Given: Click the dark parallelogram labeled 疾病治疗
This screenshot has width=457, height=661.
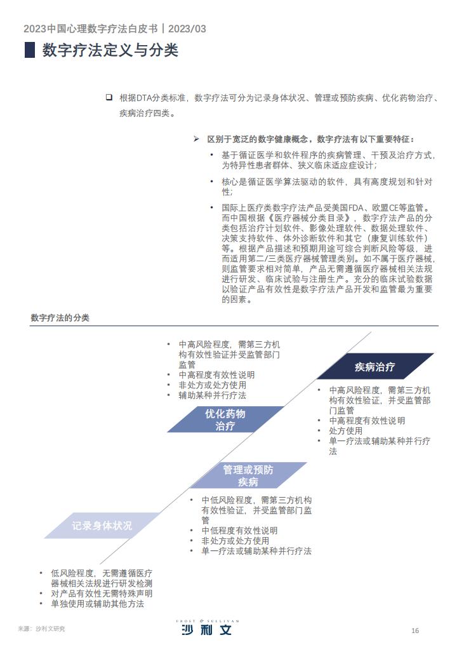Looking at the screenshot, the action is pos(375,366).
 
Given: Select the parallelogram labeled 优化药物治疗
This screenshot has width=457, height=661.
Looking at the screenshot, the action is pos(225,419).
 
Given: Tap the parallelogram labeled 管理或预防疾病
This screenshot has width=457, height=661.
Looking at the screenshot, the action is pos(248,475).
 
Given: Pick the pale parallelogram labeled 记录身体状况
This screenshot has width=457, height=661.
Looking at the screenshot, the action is pos(102,526).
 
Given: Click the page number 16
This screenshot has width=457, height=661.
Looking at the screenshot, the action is pos(415,630).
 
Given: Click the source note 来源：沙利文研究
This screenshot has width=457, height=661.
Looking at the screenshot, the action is pos(42,629).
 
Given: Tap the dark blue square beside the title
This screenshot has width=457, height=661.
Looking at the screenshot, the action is pos(30,50).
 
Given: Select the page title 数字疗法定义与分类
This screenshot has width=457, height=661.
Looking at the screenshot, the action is pos(110,50).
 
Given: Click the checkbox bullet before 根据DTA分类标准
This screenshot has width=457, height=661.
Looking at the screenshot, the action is pos(109,97).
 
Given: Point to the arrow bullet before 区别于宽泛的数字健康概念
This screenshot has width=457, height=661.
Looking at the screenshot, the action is pos(196,139).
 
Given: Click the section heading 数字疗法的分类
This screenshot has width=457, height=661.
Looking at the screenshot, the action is pos(60,318).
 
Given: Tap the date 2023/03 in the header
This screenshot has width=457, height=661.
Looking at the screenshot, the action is pos(187,29).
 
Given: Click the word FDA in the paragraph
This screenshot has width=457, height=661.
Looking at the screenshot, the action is pos(355,208).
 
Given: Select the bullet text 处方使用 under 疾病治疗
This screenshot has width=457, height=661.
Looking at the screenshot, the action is pos(345,431).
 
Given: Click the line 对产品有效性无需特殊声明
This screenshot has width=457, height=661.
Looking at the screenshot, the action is pos(102,594).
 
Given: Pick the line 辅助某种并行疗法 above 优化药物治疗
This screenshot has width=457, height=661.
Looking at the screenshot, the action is pos(213,395).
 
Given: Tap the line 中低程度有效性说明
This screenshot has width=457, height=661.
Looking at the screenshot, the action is pos(239,531).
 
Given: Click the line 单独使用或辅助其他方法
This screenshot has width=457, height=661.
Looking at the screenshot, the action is pos(97,604).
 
